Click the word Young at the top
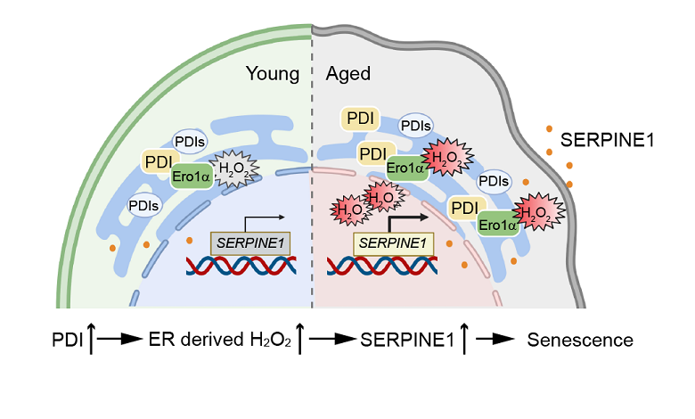[272, 74]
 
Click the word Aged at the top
[347, 74]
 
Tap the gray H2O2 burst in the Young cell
[236, 167]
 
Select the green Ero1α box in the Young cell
[192, 175]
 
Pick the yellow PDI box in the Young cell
[159, 162]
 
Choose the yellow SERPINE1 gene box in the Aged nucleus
[393, 242]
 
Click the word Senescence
[580, 340]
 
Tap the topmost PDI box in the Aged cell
[360, 119]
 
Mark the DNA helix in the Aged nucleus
[382, 265]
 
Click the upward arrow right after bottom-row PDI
[90, 339]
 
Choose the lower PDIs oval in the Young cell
[144, 205]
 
